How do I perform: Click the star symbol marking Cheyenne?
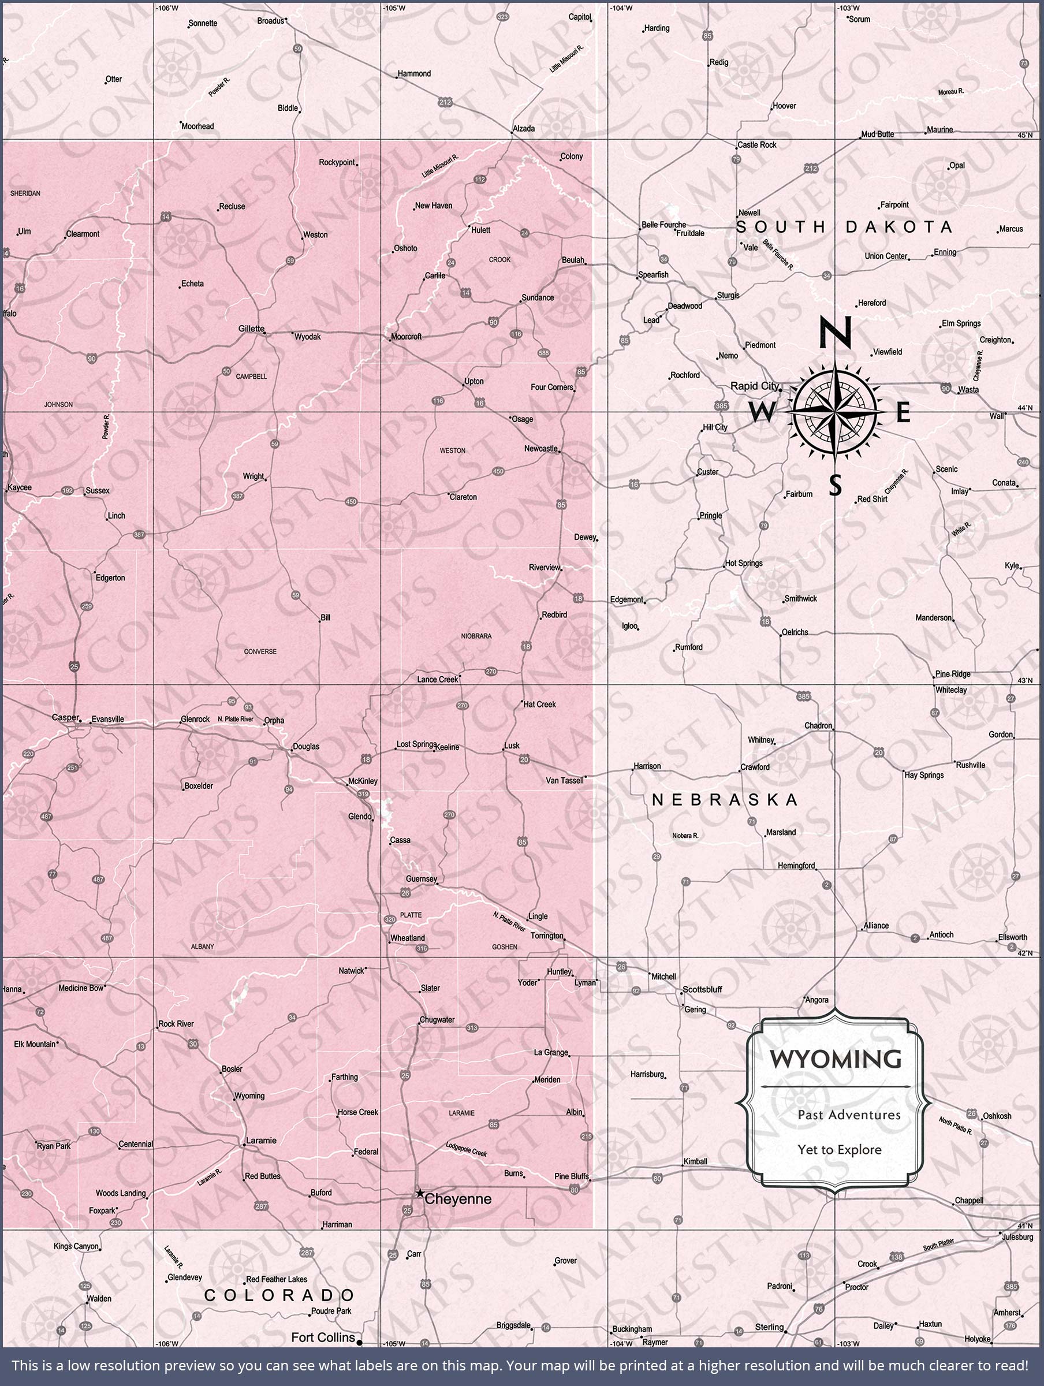[x=420, y=1193]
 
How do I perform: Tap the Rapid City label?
[x=755, y=386]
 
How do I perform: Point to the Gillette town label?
[x=251, y=329]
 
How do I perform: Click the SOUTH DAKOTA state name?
[x=844, y=227]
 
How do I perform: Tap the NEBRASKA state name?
[x=725, y=799]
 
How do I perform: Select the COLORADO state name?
[x=279, y=1295]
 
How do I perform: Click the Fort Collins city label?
[x=323, y=1337]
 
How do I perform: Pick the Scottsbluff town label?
[x=702, y=989]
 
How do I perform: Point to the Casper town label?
[x=65, y=717]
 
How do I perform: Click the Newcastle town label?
[x=541, y=449]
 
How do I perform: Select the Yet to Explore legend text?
[x=839, y=1150]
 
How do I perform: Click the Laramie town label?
[x=260, y=1141]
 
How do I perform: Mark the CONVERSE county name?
[x=260, y=651]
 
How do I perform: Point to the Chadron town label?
[x=818, y=725]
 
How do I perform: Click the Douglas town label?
[x=306, y=746]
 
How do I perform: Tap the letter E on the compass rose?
[x=903, y=413]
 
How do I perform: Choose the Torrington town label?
[x=546, y=936]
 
